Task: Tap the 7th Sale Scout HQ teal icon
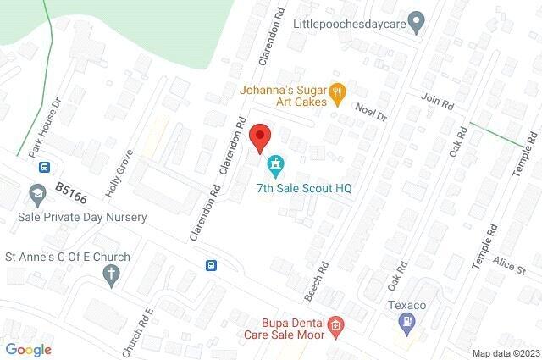pyautogui.click(x=274, y=163)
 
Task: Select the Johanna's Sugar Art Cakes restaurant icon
pyautogui.click(x=337, y=92)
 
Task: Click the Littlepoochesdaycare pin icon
pyautogui.click(x=415, y=20)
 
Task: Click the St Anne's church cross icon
pyautogui.click(x=111, y=274)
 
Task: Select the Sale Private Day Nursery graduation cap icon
pyautogui.click(x=37, y=194)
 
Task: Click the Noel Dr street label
pyautogui.click(x=370, y=109)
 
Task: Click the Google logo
pyautogui.click(x=29, y=349)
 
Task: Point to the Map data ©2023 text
pyautogui.click(x=504, y=353)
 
